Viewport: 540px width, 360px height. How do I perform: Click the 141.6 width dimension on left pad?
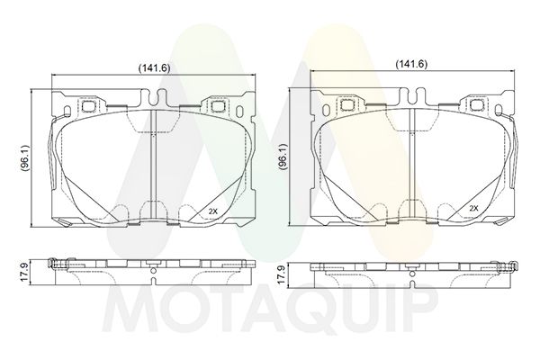pyautogui.click(x=154, y=67)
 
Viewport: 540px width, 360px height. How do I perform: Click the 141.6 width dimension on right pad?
pyautogui.click(x=411, y=64)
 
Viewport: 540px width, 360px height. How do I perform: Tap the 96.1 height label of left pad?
pyautogui.click(x=25, y=158)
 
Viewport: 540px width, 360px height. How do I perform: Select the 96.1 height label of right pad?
pyautogui.click(x=283, y=157)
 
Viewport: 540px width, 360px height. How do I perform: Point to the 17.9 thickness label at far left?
pyautogui.click(x=25, y=273)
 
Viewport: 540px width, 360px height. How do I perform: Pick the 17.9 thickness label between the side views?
pyautogui.click(x=282, y=274)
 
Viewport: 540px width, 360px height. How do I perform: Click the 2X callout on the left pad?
pyautogui.click(x=213, y=211)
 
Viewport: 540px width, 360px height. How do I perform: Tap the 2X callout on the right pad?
pyautogui.click(x=474, y=208)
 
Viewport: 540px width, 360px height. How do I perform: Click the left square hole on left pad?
pyautogui.click(x=89, y=106)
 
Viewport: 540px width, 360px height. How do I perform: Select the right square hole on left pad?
pyautogui.click(x=217, y=106)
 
